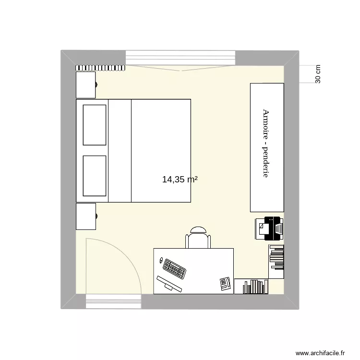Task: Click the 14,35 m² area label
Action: [180, 180]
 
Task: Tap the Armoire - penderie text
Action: [265, 143]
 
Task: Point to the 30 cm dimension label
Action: [318, 74]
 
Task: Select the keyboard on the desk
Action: [175, 268]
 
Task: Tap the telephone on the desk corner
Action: [226, 283]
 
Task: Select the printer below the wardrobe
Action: [269, 228]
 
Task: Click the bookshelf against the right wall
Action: [276, 261]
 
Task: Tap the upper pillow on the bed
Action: [94, 125]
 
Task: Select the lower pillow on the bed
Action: [94, 176]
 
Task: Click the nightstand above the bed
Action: [86, 85]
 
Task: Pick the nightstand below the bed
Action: [86, 216]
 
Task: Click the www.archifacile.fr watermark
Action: [320, 352]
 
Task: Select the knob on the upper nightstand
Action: [96, 85]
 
